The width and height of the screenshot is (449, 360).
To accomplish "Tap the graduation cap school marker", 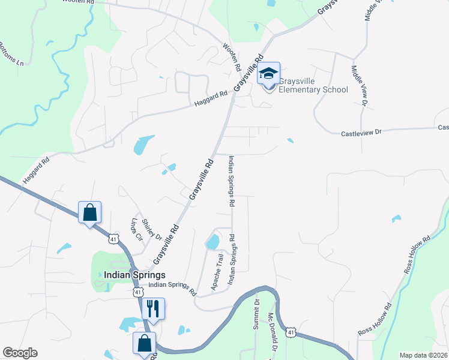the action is [269, 74].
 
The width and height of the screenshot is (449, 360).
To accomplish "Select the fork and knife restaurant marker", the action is [152, 308].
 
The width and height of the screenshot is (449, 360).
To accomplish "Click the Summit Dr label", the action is [257, 313].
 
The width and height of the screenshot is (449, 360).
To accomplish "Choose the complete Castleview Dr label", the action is [361, 133].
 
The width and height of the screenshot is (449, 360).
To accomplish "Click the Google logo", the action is [20, 353].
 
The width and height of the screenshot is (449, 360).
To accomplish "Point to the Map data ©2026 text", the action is [423, 355].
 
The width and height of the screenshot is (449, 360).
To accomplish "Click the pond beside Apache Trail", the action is [212, 242].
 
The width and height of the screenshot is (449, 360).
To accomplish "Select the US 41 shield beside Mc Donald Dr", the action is [291, 332].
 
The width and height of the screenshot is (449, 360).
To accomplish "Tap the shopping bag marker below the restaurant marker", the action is [144, 344].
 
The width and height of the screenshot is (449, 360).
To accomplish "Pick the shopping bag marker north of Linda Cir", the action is [89, 212].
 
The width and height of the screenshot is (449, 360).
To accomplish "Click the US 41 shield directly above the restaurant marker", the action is [138, 292].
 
